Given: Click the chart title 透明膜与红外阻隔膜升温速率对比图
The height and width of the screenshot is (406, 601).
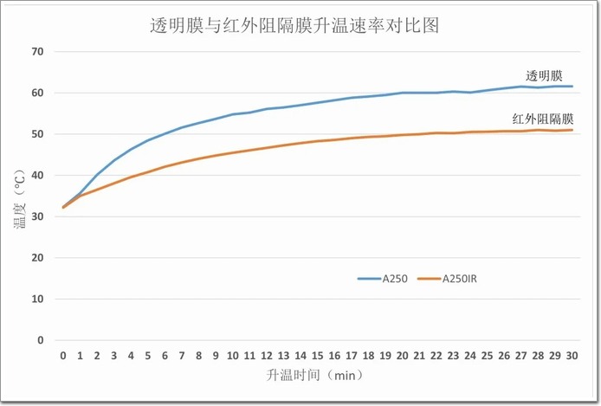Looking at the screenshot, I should click(294, 26).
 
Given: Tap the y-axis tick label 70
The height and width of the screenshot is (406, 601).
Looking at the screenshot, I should click(37, 52).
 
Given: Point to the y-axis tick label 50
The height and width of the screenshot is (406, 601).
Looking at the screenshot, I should click(37, 134).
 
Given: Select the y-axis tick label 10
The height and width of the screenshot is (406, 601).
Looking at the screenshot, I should click(37, 299).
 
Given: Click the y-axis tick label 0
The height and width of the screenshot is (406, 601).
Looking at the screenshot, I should click(40, 340).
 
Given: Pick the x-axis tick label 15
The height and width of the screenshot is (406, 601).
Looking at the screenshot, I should click(318, 356).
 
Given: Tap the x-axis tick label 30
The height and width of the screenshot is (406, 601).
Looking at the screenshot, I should click(572, 356).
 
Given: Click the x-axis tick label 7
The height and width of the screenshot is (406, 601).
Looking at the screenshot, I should click(182, 356).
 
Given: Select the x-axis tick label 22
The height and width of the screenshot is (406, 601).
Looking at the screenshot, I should click(436, 356).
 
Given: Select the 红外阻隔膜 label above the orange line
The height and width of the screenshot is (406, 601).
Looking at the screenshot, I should click(543, 118).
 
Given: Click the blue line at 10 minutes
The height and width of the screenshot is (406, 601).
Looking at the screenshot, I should click(233, 114).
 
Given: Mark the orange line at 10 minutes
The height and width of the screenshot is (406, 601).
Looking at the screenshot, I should click(233, 152).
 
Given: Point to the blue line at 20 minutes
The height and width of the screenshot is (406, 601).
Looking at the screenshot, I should click(403, 93).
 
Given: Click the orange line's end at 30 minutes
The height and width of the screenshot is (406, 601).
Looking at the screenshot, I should click(572, 130).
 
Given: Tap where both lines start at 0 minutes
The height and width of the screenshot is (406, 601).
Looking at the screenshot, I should click(63, 207).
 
